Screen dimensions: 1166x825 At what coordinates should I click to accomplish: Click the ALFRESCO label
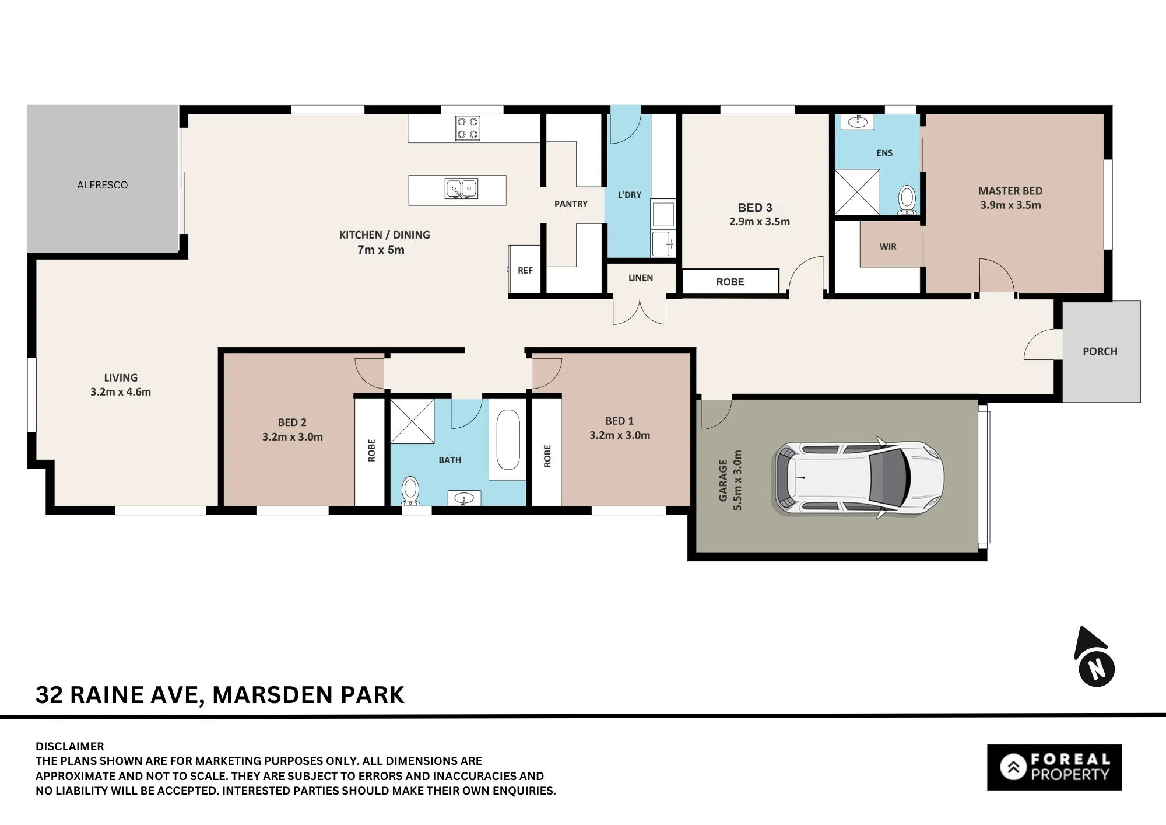[103, 185]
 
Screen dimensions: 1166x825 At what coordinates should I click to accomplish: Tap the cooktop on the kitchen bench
[468, 128]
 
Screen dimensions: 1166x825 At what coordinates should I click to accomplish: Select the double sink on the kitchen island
[462, 188]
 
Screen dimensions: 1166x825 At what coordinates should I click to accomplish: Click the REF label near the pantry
[525, 270]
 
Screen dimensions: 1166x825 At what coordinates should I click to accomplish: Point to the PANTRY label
[571, 204]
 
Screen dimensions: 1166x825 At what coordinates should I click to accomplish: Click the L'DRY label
[630, 195]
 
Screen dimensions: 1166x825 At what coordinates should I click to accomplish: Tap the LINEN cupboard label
[641, 278]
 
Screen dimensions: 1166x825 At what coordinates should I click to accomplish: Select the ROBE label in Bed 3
[730, 282]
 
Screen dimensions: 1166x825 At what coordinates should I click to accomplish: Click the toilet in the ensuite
[907, 200]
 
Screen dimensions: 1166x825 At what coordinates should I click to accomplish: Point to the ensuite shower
[857, 192]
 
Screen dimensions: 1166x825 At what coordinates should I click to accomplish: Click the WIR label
[888, 247]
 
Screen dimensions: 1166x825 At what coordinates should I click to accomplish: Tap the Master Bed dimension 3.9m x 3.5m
[1010, 205]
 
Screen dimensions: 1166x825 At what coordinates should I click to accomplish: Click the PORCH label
[1100, 351]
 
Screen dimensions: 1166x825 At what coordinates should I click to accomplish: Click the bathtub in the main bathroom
[508, 439]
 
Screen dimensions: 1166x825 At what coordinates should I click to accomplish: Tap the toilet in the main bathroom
[410, 491]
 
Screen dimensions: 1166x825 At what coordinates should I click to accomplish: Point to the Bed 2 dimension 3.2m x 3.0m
[292, 437]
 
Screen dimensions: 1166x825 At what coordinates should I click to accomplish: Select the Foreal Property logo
[1054, 767]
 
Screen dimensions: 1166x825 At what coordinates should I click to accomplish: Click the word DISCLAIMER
[70, 746]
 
